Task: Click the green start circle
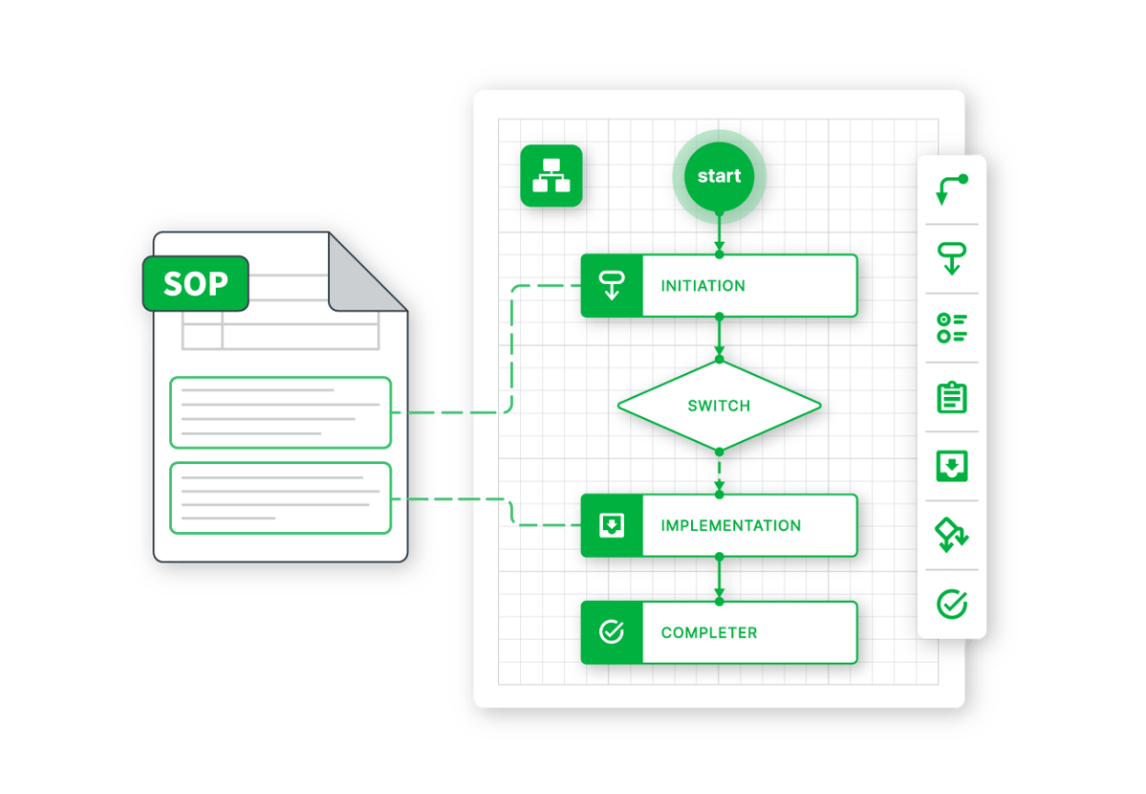click(719, 176)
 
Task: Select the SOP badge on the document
click(196, 284)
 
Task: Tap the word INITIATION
click(703, 286)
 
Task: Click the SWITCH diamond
click(719, 406)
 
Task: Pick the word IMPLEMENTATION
click(730, 526)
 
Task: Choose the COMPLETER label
click(708, 633)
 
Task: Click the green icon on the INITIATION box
click(612, 286)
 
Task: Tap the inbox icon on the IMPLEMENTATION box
click(612, 526)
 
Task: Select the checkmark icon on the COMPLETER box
click(612, 632)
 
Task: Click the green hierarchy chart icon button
click(551, 176)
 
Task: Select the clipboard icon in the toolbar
click(951, 397)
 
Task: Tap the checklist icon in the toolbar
click(951, 328)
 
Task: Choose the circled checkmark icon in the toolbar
click(951, 604)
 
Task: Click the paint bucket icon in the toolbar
click(951, 535)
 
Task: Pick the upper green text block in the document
click(281, 412)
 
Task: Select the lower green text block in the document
click(281, 497)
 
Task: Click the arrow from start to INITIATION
click(719, 232)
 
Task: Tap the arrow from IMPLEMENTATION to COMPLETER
click(719, 579)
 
